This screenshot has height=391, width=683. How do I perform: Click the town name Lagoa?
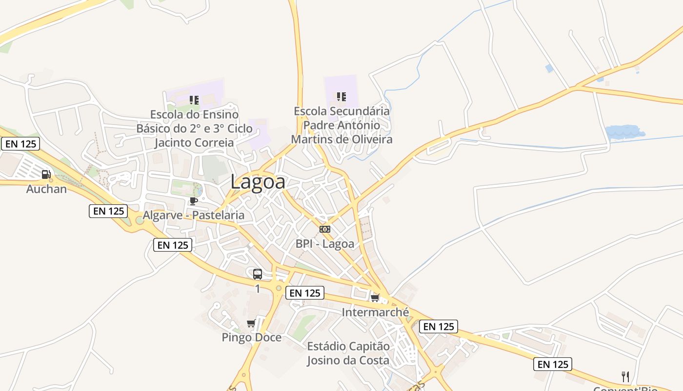point(258,182)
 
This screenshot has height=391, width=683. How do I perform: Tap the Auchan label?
point(46,189)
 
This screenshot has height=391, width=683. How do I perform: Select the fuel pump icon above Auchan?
point(46,174)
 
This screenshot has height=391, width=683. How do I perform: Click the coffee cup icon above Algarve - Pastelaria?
point(194,201)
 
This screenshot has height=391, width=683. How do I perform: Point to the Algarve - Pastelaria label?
point(193,215)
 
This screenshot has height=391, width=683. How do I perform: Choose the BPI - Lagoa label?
point(325,243)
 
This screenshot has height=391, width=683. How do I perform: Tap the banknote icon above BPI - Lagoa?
point(325,229)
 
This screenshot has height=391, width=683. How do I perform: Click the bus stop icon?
point(258,274)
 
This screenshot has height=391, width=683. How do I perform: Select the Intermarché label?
point(375,312)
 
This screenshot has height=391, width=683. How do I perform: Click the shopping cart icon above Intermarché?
point(375,298)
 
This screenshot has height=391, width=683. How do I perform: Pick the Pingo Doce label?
point(252,337)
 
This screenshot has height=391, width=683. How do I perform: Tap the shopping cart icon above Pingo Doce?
point(251,323)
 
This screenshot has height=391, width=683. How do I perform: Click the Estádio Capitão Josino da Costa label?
point(348,353)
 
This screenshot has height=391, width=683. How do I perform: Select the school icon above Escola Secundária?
point(341,97)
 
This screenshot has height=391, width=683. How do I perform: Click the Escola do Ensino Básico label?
point(194,129)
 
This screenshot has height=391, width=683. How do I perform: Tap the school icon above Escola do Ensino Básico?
point(194,100)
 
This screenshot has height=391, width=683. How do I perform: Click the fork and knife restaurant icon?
point(625,376)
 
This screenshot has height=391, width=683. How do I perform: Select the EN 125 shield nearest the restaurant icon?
point(552,364)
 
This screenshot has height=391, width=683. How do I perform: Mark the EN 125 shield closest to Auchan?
point(20,144)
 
